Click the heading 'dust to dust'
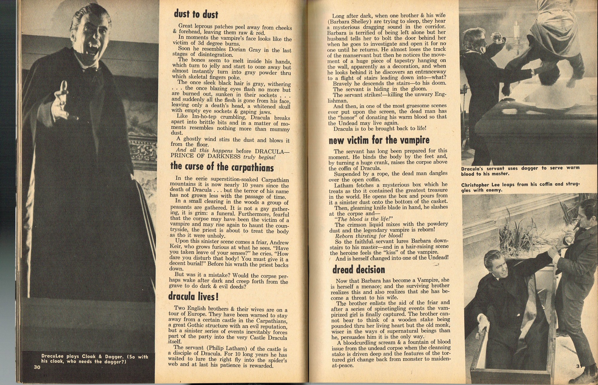(196, 14)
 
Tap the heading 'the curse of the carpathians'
(222, 167)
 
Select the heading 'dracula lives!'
(193, 296)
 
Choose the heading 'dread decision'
(358, 270)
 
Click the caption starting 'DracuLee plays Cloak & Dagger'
(94, 359)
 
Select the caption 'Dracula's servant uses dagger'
(520, 171)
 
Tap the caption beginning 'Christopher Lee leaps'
(520, 187)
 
